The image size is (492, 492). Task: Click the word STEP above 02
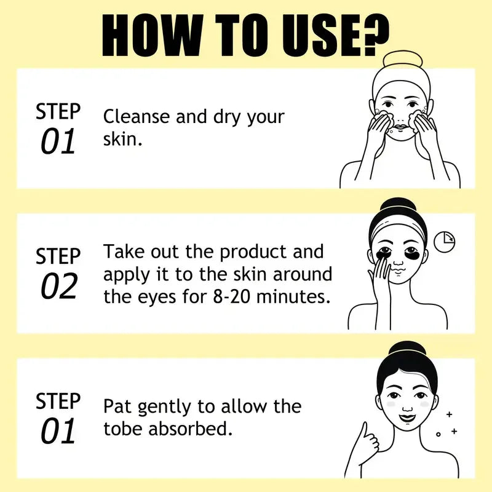[58, 256]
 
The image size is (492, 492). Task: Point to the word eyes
[149, 298]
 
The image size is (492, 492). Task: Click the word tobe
[122, 429]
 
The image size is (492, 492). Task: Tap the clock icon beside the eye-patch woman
[444, 242]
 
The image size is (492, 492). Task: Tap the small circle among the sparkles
[438, 434]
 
